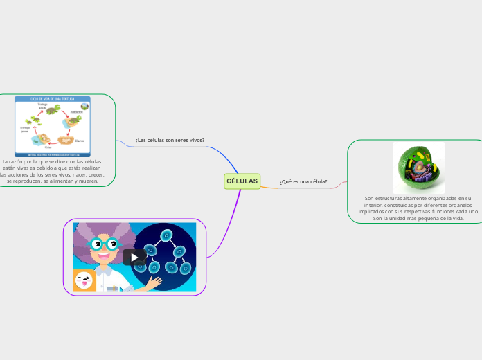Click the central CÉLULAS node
click(x=242, y=181)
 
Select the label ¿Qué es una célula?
click(x=303, y=182)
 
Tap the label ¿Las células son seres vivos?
click(x=170, y=140)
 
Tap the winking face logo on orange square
click(x=85, y=280)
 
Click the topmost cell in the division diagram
click(x=167, y=236)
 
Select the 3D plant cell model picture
click(x=418, y=168)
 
